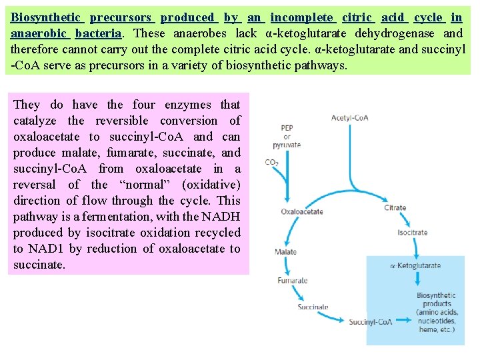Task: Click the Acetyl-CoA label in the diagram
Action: [x=350, y=118]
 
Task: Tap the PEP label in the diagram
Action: [x=287, y=128]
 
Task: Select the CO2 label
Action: [x=271, y=163]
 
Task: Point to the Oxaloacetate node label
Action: [x=302, y=211]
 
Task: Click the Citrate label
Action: [x=395, y=207]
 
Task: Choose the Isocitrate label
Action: [x=412, y=233]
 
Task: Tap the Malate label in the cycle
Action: [x=285, y=252]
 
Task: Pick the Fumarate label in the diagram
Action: [x=293, y=281]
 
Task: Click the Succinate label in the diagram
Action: [x=313, y=307]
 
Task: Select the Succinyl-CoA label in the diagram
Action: [x=371, y=323]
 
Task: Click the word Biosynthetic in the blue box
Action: [x=436, y=295]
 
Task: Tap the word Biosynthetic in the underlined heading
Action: [x=45, y=17]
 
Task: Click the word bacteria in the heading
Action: [x=98, y=33]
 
